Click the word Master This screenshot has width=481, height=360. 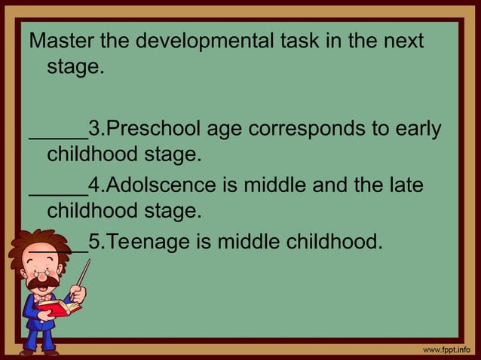click(60, 41)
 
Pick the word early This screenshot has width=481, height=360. click(415, 128)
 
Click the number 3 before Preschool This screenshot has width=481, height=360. click(94, 128)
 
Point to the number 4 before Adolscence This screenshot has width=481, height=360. click(94, 185)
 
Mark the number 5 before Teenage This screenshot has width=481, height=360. click(94, 243)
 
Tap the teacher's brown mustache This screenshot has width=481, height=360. click(39, 285)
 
